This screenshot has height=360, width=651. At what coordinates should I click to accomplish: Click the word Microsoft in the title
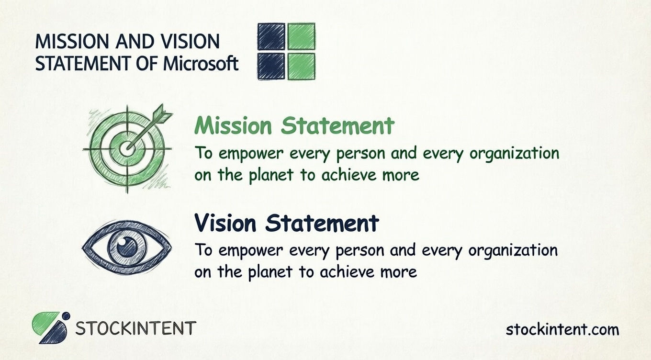pyautogui.click(x=201, y=63)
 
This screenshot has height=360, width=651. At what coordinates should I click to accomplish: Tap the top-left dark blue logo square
pyautogui.click(x=271, y=36)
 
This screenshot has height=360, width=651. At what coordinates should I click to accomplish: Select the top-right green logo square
pyautogui.click(x=301, y=36)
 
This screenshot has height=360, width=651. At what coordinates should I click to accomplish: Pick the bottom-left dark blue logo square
pyautogui.click(x=271, y=66)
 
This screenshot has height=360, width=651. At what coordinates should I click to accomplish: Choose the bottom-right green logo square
pyautogui.click(x=301, y=66)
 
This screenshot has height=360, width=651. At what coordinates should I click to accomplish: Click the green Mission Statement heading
pyautogui.click(x=294, y=126)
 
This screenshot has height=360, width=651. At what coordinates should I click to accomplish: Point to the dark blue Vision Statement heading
pyautogui.click(x=286, y=223)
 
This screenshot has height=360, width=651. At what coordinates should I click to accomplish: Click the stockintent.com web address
pyautogui.click(x=562, y=330)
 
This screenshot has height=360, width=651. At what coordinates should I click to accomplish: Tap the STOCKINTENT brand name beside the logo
pyautogui.click(x=136, y=329)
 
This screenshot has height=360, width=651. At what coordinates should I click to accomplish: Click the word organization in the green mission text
pyautogui.click(x=515, y=154)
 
